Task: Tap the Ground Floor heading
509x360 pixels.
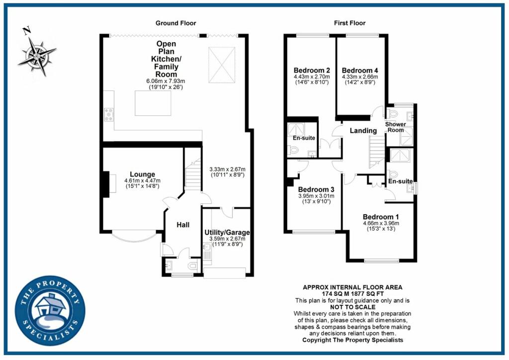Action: point(175,23)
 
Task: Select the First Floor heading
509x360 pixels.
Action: point(350,23)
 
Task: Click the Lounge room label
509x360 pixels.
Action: point(143,174)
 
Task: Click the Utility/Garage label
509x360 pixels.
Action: point(227,232)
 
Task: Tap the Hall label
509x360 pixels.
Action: point(183,225)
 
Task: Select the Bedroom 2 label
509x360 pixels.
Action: point(312,70)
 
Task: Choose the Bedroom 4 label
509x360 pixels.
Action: point(360,70)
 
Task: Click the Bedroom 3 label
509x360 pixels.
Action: point(316,189)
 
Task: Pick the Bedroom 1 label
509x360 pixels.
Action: point(381,217)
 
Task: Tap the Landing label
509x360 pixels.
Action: point(363,131)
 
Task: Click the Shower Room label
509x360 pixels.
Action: point(395,127)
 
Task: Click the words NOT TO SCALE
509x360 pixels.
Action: point(353,307)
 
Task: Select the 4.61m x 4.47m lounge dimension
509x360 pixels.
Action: point(143,180)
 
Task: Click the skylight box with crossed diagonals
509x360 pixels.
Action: point(221,65)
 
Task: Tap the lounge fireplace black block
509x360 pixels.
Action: point(105,184)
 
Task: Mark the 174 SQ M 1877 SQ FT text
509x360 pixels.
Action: point(353,294)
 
